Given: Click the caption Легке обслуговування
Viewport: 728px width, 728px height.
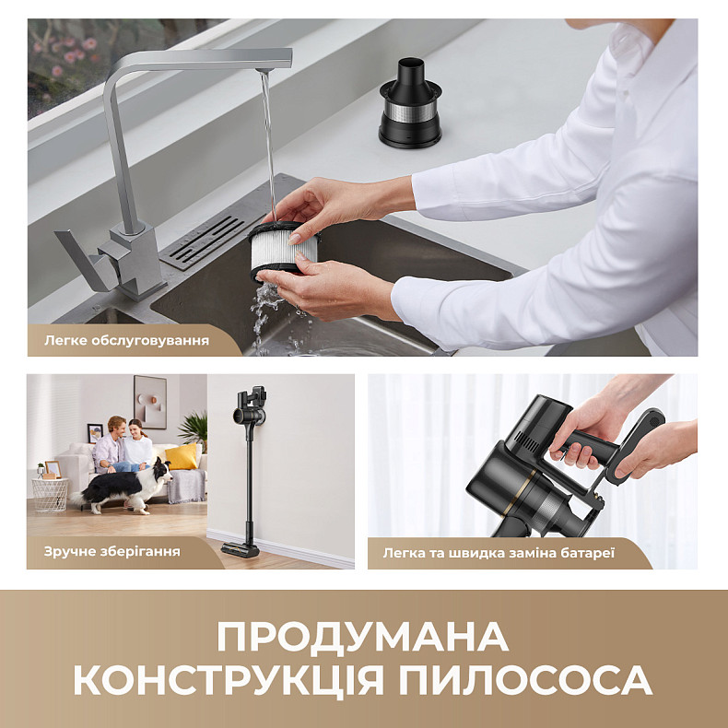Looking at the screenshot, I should tap(127, 340).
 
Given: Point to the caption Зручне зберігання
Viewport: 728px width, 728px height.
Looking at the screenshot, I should tap(112, 552).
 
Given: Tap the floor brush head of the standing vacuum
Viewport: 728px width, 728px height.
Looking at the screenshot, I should tap(241, 549).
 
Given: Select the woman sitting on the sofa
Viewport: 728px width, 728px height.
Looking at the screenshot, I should tap(138, 448).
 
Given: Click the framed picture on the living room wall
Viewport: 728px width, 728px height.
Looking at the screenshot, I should tap(149, 401).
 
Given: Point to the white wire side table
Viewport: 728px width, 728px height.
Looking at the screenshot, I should tap(50, 492).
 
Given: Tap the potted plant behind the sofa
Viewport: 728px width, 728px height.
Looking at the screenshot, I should tap(194, 429).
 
